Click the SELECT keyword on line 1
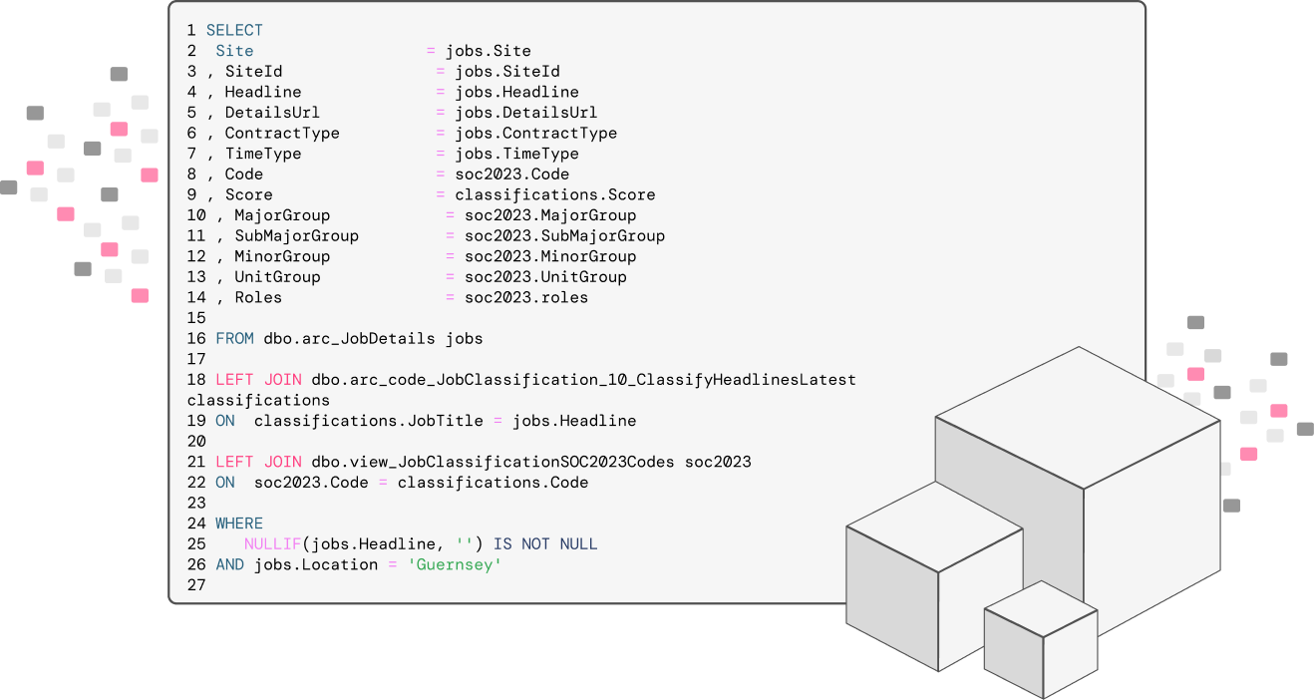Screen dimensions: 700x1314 pos(234,31)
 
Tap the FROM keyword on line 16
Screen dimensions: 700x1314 pos(234,339)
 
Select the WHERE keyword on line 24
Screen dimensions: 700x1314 pos(239,524)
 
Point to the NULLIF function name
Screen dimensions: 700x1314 pos(273,544)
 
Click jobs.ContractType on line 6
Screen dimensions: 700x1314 pos(535,134)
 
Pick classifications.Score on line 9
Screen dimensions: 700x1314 pos(554,195)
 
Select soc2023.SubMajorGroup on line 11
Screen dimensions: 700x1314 pos(564,236)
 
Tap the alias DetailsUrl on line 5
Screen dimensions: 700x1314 pos(272,113)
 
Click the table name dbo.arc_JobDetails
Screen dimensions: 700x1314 pos(349,339)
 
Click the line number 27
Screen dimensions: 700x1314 pos(195,585)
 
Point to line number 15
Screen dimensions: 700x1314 pos(195,318)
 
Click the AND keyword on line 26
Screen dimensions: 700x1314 pos(229,565)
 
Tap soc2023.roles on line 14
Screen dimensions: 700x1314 pos(525,298)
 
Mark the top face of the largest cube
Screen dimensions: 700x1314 pos(1078,414)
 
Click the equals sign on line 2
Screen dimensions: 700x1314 pos(432,51)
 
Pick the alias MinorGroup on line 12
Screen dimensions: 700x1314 pos(282,257)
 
